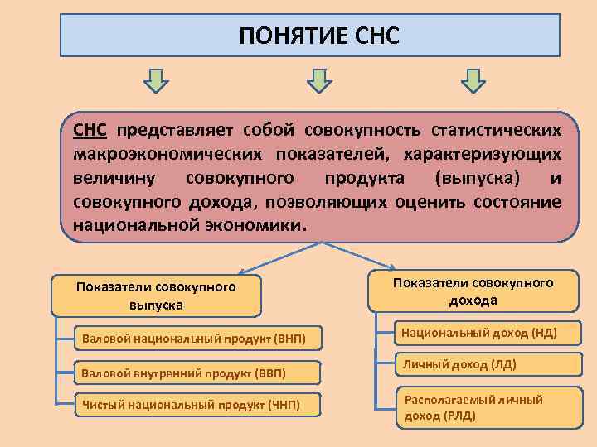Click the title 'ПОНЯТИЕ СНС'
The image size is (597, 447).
pyautogui.click(x=319, y=36)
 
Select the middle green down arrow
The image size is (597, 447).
pyautogui.click(x=319, y=80)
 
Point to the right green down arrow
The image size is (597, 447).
pyautogui.click(x=473, y=80)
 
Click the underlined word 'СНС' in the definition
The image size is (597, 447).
pyautogui.click(x=90, y=130)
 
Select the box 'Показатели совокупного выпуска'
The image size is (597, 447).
pyautogui.click(x=156, y=296)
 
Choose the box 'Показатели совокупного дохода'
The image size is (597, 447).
pyautogui.click(x=473, y=291)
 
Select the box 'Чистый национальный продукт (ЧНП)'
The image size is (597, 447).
pyautogui.click(x=187, y=405)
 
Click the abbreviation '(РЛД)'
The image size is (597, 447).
pyautogui.click(x=459, y=416)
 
